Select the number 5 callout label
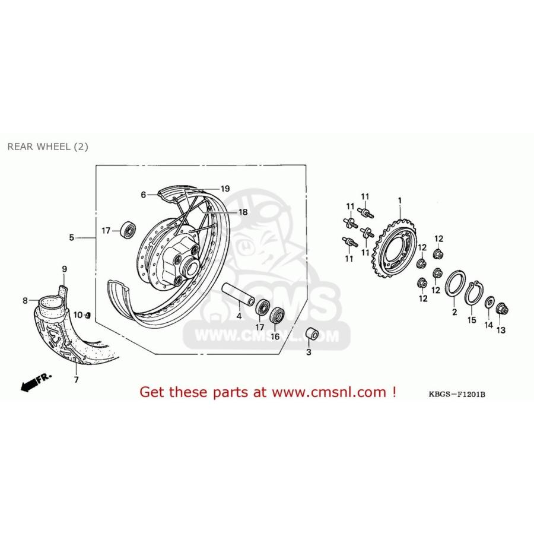(x=71, y=238)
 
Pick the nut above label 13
(x=501, y=309)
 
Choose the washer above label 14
(x=489, y=302)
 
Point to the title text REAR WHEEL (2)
(x=47, y=147)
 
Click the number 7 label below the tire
(x=75, y=379)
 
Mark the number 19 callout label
(x=225, y=188)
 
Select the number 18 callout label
(x=243, y=212)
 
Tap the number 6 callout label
(x=143, y=194)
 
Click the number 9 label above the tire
(x=65, y=269)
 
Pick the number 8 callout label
(x=26, y=301)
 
